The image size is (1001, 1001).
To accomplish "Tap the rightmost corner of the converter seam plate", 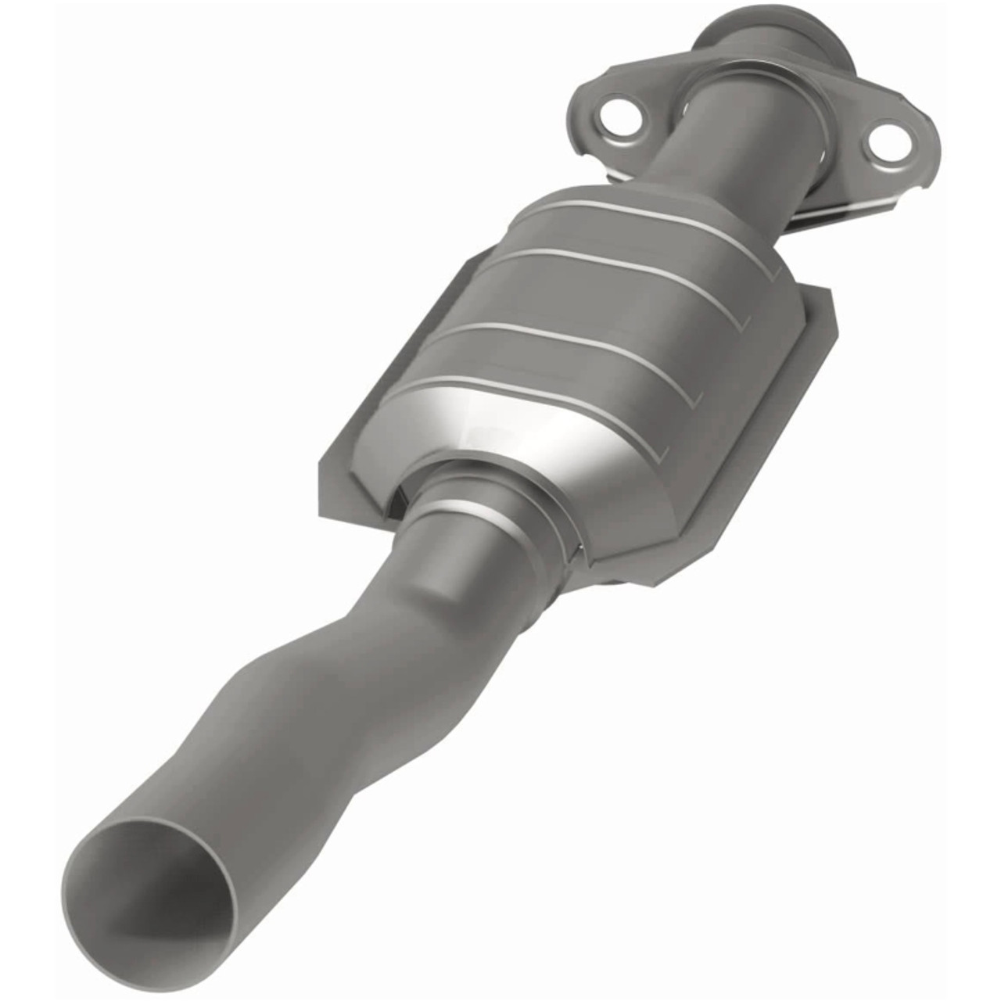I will pos(833,313).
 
